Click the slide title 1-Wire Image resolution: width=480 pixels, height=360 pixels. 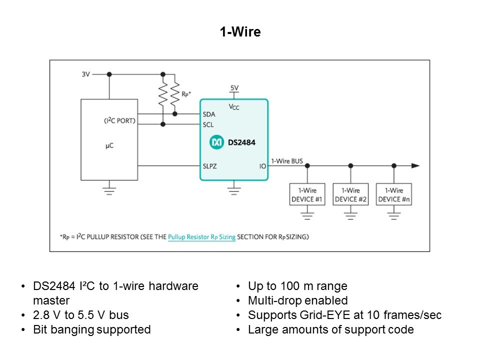pyautogui.click(x=240, y=32)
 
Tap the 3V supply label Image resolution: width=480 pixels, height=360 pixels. pyautogui.click(x=85, y=74)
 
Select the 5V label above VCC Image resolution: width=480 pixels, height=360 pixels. pyautogui.click(x=234, y=88)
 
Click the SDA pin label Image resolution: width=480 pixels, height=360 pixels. pyautogui.click(x=209, y=114)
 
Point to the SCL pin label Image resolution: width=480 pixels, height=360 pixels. pyautogui.click(x=209, y=124)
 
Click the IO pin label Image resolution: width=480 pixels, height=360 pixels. pyautogui.click(x=262, y=165)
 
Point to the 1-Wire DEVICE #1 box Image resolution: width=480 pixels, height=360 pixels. pyautogui.click(x=307, y=195)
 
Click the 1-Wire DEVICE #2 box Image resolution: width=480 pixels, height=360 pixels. pyautogui.click(x=350, y=195)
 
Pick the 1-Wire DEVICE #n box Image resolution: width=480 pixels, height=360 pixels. pyautogui.click(x=394, y=195)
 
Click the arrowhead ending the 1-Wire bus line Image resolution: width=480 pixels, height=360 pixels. pyautogui.click(x=415, y=165)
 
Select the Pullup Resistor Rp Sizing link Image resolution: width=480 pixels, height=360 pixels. pyautogui.click(x=201, y=237)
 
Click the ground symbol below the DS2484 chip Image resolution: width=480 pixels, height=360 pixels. pyautogui.click(x=234, y=189)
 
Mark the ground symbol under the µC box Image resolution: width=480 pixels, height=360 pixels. pyautogui.click(x=109, y=189)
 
